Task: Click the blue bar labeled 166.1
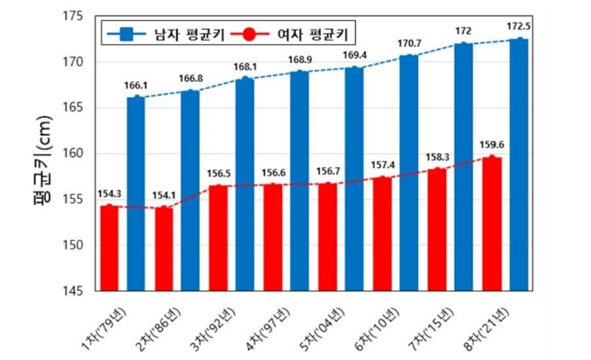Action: point(135,194)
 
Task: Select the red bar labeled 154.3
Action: point(109,248)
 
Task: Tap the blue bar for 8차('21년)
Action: point(519,164)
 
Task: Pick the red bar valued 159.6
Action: point(492,224)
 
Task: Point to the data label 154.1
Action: point(163,195)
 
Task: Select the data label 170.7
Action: point(409,44)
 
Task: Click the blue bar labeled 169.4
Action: point(354,179)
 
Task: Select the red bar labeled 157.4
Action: point(382,234)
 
